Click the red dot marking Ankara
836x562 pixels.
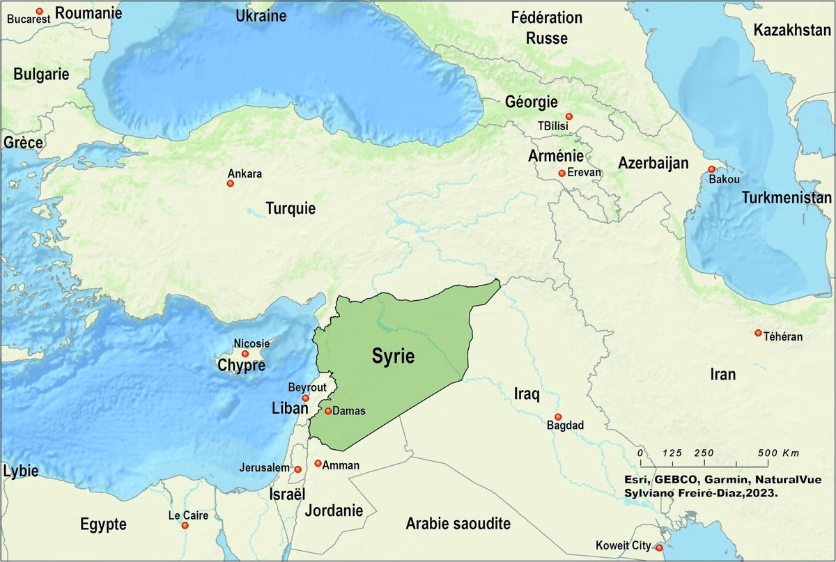(230, 183)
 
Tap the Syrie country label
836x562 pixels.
(392, 357)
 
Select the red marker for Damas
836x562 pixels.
(328, 411)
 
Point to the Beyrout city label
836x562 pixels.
(307, 387)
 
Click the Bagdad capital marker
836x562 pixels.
(558, 416)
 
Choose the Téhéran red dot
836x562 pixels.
(758, 333)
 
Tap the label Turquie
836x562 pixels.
(291, 208)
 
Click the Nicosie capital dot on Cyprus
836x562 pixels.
(245, 354)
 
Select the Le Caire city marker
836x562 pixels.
(185, 525)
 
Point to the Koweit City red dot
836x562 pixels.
(659, 547)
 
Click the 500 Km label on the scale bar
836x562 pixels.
(779, 453)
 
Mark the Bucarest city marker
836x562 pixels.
(39, 11)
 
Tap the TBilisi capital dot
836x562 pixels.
(569, 116)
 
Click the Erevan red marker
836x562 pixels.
(562, 173)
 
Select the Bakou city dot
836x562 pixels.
(711, 169)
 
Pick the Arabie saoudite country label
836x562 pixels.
(458, 524)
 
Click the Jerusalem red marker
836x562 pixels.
(298, 469)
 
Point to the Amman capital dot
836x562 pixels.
(318, 463)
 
